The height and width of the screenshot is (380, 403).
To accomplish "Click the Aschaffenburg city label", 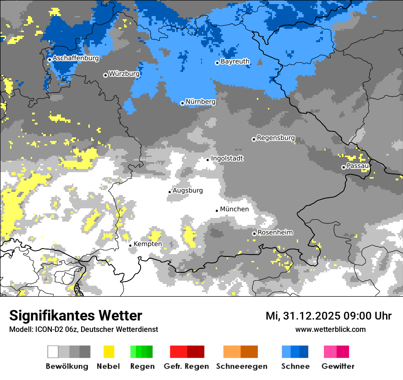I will (x=76, y=58).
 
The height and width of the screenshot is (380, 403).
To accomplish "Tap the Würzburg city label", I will (x=124, y=73).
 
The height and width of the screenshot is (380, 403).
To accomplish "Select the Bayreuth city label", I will (x=235, y=61).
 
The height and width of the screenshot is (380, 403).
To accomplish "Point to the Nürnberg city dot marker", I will (x=182, y=103).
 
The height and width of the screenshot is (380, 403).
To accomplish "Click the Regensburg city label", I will (x=276, y=138).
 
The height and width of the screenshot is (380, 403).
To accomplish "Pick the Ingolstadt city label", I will (x=227, y=158).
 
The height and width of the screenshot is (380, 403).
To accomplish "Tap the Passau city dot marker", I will (x=343, y=167).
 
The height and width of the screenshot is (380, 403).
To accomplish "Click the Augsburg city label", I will (x=188, y=190).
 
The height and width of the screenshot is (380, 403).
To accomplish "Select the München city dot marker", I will (x=217, y=211).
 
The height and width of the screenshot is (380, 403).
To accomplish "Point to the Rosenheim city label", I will (x=275, y=233).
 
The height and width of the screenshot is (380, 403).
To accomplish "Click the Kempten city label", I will (x=147, y=244).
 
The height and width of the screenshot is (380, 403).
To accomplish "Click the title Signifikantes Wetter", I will (x=76, y=315).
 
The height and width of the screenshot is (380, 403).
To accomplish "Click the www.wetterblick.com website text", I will (x=330, y=329).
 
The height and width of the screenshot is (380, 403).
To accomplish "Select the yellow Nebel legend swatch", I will (x=109, y=352).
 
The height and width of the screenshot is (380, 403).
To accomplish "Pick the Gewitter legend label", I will (x=338, y=366).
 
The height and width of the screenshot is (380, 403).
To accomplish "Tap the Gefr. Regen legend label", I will (x=186, y=366).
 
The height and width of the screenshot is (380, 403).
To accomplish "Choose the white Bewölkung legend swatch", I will (x=53, y=352).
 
